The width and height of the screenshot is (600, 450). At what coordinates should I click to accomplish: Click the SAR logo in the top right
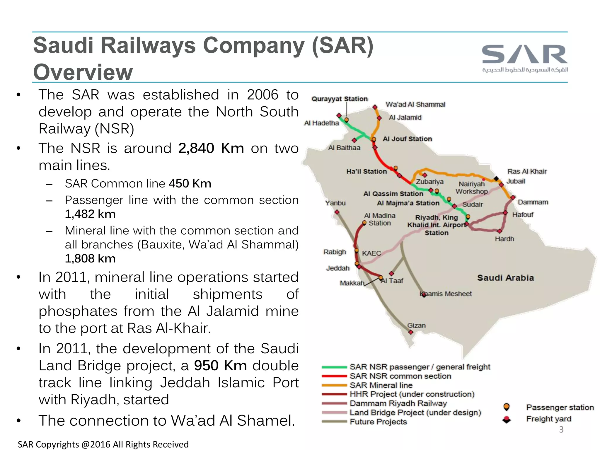[525, 58]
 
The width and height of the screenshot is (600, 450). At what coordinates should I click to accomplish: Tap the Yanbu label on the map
[335, 203]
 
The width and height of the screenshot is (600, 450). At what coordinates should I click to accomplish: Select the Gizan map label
[416, 325]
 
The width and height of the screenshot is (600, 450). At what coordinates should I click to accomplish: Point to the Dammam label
[533, 202]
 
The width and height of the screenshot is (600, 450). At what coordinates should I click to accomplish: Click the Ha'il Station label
[367, 171]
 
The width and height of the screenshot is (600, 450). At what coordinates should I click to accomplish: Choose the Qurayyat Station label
[339, 99]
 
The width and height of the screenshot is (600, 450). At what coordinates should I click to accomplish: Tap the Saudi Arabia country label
[505, 278]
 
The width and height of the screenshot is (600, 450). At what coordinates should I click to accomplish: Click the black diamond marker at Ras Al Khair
[496, 178]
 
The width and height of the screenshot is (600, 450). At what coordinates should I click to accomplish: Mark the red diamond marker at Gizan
[411, 332]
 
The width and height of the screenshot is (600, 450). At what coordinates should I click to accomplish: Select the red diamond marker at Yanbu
[337, 212]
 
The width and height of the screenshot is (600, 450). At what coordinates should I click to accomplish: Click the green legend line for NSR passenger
[334, 367]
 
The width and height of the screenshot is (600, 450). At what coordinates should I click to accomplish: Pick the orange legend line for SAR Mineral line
[334, 385]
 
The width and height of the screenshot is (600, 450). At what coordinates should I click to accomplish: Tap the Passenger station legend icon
[506, 407]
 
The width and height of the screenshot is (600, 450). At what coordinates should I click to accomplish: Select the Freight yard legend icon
[506, 420]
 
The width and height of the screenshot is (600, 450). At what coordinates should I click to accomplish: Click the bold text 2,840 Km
[211, 148]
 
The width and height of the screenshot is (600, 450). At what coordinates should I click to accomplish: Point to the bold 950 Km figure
[220, 366]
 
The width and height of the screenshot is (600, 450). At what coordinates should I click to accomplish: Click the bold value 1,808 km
[90, 259]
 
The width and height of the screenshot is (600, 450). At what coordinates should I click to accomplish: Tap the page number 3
[561, 429]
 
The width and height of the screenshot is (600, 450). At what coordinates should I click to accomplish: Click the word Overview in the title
[83, 72]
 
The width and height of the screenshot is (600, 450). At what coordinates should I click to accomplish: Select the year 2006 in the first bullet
[262, 95]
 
